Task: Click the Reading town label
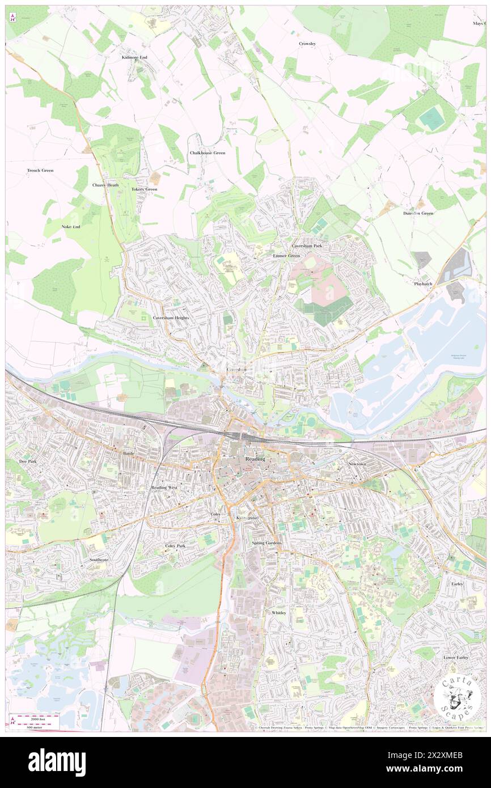255,459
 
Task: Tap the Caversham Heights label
171,318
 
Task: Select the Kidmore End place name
134,58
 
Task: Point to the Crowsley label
307,44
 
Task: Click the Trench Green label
40,170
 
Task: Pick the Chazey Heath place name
105,185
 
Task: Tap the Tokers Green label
144,189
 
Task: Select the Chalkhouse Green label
207,153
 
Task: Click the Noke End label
71,227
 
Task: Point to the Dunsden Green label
418,214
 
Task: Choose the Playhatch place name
422,283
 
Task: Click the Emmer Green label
286,256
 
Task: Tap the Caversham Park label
307,247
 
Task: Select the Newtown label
357,464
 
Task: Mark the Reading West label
164,488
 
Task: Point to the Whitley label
278,613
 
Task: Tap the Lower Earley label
455,658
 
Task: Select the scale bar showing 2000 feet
35,717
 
